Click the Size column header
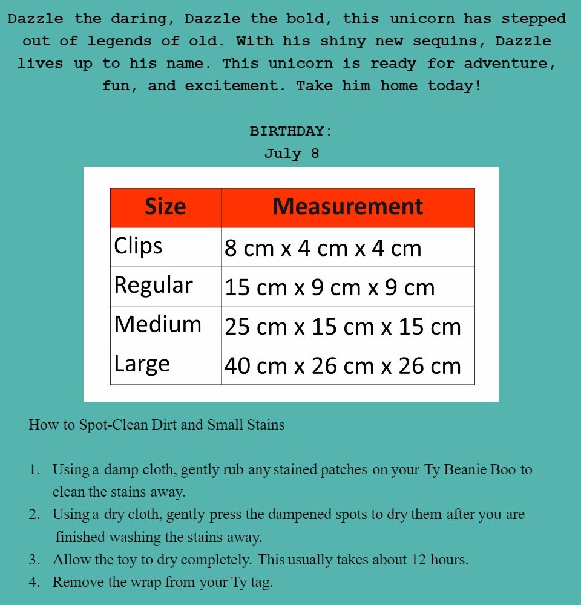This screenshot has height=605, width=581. tap(165, 207)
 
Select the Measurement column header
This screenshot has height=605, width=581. tap(347, 207)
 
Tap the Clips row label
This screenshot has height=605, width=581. tap(139, 246)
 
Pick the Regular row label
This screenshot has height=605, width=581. tap(153, 285)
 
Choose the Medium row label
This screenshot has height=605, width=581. tap(157, 324)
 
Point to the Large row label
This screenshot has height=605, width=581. tap(142, 364)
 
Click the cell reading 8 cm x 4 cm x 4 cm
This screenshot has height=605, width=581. tap(323, 248)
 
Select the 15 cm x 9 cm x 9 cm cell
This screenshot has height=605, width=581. tap(329, 287)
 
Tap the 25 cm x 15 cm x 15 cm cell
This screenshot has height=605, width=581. tap(343, 327)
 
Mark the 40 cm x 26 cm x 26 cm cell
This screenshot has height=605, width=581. tap(343, 365)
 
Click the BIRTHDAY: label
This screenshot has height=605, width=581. tap(291, 131)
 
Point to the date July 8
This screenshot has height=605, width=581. tap(291, 154)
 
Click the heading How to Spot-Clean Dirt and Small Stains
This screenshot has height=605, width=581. tap(156, 425)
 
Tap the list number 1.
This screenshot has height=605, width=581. tap(34, 469)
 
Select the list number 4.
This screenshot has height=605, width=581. tap(34, 583)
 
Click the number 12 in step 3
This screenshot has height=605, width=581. tap(419, 560)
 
